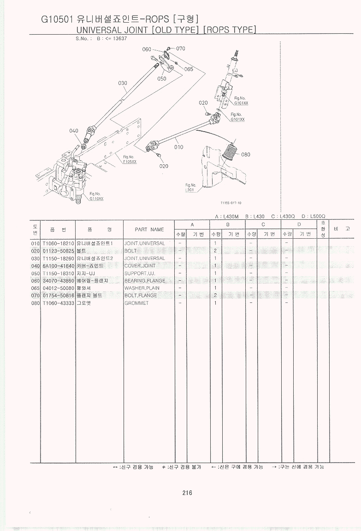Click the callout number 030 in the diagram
click(122, 84)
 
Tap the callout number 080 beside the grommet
click(246, 155)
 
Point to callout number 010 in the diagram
click(179, 147)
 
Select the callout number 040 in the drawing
click(74, 131)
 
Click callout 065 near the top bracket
click(188, 69)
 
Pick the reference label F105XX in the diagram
click(130, 162)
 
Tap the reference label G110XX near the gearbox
click(96, 199)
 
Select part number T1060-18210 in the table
click(58, 243)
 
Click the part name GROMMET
click(134, 303)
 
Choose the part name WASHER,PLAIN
click(142, 288)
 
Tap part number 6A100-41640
click(58, 266)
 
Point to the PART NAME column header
click(149, 229)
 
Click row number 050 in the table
click(36, 273)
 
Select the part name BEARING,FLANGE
click(144, 281)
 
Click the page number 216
click(187, 493)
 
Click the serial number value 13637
click(119, 39)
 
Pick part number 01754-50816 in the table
click(58, 296)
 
